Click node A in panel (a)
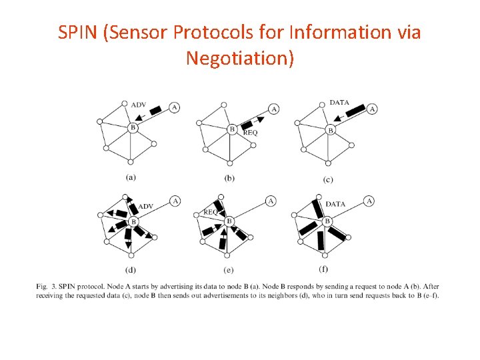[x=174, y=107]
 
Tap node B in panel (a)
[x=133, y=127]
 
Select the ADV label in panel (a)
[x=139, y=105]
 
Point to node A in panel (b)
[x=273, y=109]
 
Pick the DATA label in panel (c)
[x=339, y=103]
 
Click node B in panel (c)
[x=330, y=130]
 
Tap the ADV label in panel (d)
[x=145, y=206]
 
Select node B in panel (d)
[x=133, y=221]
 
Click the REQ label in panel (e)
[x=211, y=212]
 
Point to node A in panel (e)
[x=271, y=201]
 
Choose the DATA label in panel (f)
[x=335, y=204]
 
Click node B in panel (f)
[x=327, y=221]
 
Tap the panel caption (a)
[x=131, y=177]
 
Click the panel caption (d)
[x=131, y=269]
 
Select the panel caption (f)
[x=323, y=269]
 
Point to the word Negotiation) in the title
[x=239, y=58]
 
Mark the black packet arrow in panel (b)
[x=251, y=123]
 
